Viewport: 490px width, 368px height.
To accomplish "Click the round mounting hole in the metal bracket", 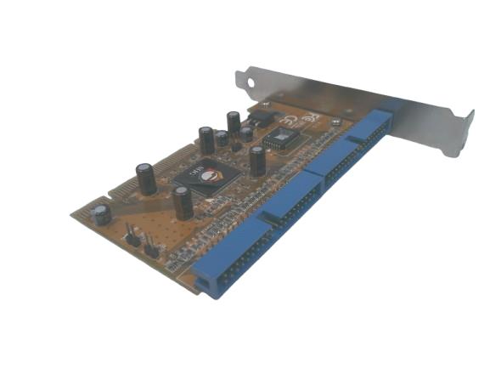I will point(252,82).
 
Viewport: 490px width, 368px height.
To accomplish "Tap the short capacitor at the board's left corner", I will point(103,212).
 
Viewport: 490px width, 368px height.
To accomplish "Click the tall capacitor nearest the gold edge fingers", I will point(146,179).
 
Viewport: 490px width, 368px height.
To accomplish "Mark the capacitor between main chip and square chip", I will point(256,161).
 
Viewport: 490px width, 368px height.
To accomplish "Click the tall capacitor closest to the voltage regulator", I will point(233,122).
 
